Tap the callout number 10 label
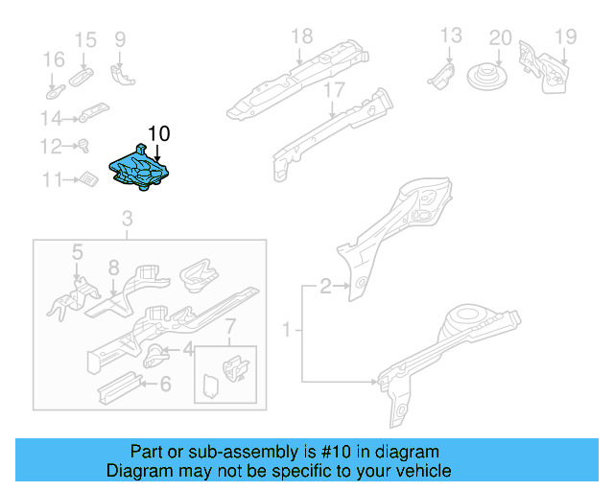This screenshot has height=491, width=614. [x=158, y=133]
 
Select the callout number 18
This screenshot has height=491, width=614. [x=301, y=36]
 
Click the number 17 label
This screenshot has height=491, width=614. [x=333, y=90]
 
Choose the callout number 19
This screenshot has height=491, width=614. [x=565, y=37]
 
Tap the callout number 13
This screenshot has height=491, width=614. [x=451, y=36]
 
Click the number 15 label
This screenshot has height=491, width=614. [x=85, y=39]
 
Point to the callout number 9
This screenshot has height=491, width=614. [x=120, y=39]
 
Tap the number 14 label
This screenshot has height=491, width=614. [x=51, y=118]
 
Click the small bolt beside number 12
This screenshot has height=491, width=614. [x=83, y=146]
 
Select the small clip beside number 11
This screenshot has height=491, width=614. [x=89, y=179]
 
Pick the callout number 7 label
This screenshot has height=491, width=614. [x=229, y=333]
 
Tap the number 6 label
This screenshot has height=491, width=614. [x=165, y=385]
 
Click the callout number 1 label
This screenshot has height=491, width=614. [x=286, y=331]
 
